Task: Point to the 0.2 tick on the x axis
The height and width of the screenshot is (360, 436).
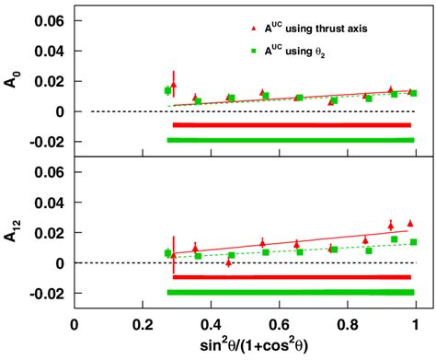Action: point(142,324)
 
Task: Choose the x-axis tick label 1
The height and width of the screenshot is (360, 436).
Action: point(416,324)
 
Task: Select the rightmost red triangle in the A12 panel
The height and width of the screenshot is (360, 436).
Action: point(410,223)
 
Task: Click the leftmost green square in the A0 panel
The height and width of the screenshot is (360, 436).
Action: point(167,90)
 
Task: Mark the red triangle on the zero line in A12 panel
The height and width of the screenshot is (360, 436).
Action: point(229,262)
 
